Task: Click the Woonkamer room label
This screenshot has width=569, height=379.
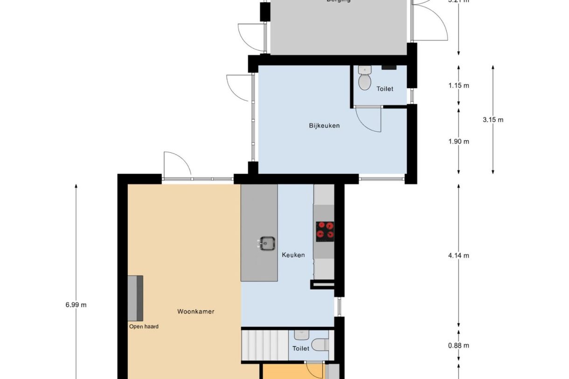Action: (195, 311)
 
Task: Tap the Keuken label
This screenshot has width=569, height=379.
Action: (293, 255)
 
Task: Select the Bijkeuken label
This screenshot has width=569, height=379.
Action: (324, 125)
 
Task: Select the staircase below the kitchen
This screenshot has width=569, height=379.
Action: (264, 345)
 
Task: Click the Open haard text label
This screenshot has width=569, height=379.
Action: (144, 327)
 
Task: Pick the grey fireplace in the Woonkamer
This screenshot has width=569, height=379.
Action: (135, 298)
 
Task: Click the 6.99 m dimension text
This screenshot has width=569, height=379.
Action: (76, 305)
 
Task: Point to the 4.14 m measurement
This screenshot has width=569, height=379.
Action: (458, 255)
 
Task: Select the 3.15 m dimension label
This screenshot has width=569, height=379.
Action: (493, 120)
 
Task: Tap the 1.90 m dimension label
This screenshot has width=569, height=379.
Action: (458, 142)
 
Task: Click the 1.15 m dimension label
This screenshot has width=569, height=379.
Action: (458, 85)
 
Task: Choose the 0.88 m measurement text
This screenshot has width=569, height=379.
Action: (458, 345)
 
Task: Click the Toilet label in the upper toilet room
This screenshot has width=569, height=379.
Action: (385, 89)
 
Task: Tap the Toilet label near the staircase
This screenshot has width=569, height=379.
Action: (301, 348)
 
